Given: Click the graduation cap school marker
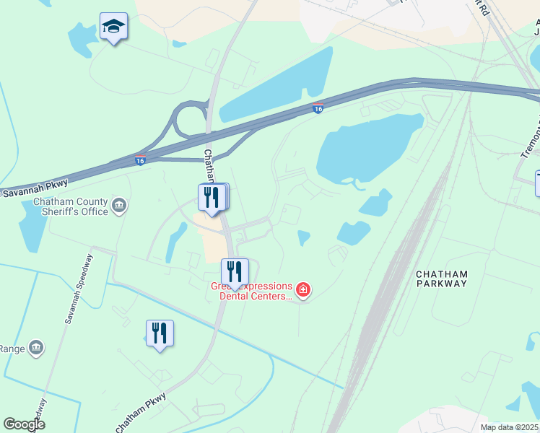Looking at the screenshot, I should [x=113, y=27].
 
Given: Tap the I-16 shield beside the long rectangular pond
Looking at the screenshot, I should [x=318, y=109].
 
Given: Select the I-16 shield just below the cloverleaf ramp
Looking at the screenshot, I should [x=140, y=159].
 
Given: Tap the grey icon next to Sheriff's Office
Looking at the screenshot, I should [x=120, y=208].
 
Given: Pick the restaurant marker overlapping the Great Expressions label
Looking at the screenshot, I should [x=234, y=273].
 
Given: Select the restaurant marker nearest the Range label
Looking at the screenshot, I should [x=160, y=333].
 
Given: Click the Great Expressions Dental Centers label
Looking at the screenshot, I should [x=251, y=291].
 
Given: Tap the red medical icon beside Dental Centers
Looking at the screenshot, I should [x=303, y=291].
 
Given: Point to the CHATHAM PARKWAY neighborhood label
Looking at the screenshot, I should [x=443, y=279].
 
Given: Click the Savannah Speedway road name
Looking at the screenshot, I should [x=78, y=288].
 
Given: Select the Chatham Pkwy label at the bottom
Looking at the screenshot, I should [x=141, y=413].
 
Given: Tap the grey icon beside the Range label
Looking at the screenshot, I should [x=36, y=349].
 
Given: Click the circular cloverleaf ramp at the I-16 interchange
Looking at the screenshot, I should [x=189, y=119].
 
